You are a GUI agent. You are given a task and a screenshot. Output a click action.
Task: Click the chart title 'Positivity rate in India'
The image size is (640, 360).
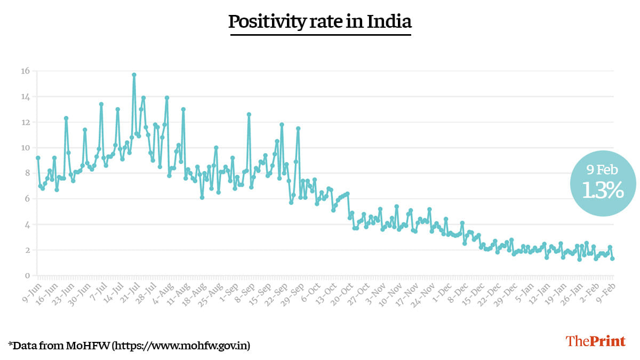tap(320, 22)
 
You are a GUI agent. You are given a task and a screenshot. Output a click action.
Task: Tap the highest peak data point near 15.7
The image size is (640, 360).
tap(134, 75)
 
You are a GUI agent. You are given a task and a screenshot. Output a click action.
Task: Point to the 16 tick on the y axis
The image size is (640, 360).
tap(25, 71)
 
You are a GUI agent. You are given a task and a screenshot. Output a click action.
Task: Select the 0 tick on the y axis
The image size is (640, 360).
tap(27, 276)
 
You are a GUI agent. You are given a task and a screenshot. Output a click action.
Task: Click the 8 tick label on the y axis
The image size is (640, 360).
tap(27, 173)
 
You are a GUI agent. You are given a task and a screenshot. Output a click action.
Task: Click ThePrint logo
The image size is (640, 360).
tap(595, 341)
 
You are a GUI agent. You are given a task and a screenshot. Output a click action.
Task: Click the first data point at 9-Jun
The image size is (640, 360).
tap(38, 158)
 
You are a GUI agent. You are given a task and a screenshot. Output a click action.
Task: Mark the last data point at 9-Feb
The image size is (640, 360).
tap(612, 259)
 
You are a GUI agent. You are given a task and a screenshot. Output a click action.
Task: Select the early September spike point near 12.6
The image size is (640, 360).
tap(249, 114)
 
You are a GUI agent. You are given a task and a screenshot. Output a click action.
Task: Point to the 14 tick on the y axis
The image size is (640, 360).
tap(25, 97)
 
